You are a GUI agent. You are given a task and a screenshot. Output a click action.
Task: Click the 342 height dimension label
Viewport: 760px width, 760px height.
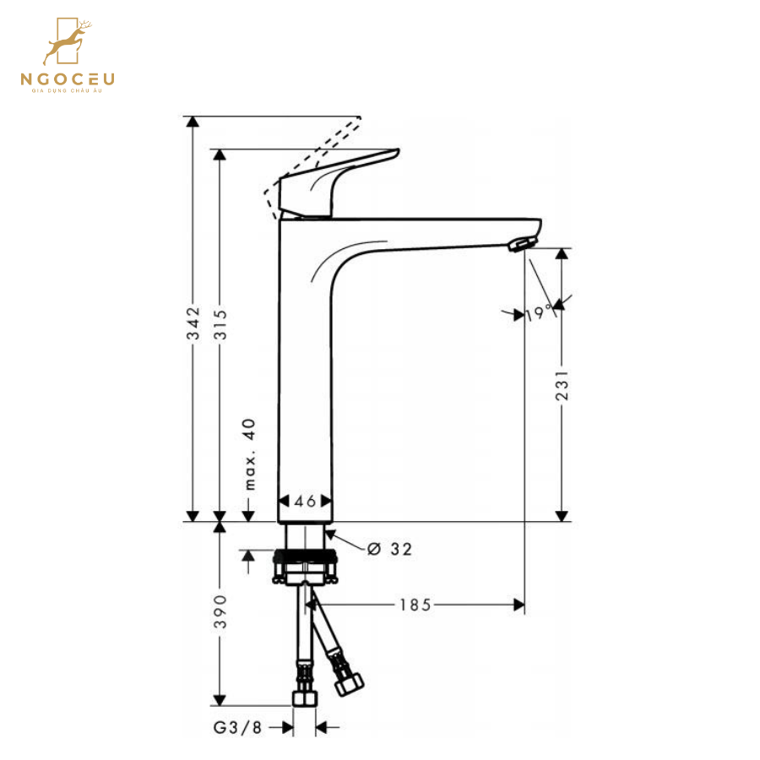(193, 323)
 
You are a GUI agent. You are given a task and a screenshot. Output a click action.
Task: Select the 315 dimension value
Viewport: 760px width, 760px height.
(221, 323)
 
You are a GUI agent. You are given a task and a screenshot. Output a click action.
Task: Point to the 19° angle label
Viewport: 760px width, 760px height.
(538, 314)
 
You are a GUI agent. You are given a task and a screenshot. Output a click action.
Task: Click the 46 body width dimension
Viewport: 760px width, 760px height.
(306, 501)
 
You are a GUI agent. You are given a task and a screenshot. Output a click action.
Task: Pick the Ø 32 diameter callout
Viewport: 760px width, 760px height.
(390, 549)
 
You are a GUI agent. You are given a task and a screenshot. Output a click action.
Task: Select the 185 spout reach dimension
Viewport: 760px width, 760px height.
(415, 604)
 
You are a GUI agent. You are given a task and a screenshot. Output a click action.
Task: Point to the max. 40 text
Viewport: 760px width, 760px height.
(249, 454)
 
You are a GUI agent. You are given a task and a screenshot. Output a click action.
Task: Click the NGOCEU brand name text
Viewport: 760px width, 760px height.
(68, 79)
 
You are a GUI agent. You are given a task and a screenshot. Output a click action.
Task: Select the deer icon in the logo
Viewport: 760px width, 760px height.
(68, 42)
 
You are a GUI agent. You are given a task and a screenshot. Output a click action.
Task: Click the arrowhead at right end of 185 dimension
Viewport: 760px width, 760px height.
(518, 604)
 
